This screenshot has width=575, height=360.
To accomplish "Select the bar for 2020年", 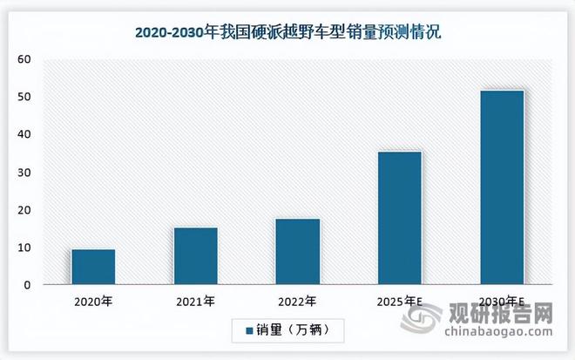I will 93,267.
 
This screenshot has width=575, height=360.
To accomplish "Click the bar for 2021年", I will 196,256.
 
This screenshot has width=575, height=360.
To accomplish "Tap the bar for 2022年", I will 298,252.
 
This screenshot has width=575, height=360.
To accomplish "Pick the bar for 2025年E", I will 400,218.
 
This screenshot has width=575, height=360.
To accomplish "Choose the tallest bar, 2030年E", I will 502,187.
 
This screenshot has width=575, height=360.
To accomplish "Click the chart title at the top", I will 287,33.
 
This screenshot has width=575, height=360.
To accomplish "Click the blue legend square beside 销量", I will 249,331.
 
